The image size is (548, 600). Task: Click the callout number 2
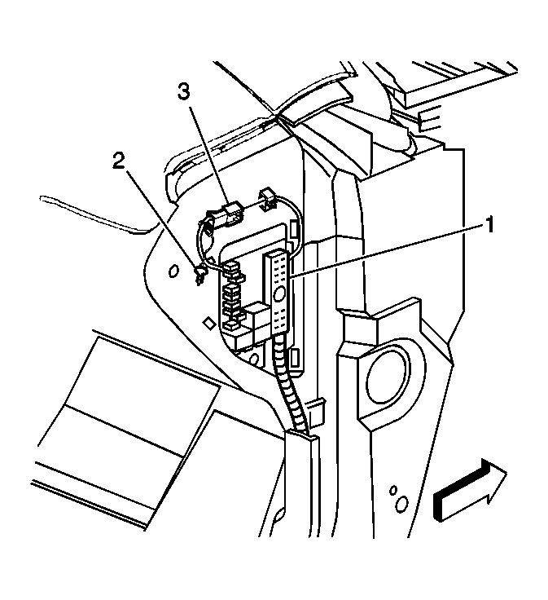(118, 161)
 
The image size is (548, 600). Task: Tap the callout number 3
(183, 92)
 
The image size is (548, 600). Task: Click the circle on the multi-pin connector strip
(280, 293)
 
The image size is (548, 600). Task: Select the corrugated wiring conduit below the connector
(292, 385)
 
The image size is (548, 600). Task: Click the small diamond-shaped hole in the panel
(208, 323)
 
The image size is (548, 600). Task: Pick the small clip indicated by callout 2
(200, 275)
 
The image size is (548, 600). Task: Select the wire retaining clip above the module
(269, 198)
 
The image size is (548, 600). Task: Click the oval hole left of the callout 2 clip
(173, 271)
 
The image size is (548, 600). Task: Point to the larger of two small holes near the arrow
(401, 504)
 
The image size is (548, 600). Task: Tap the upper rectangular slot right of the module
(293, 231)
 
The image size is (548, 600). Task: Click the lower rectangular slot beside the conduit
(294, 358)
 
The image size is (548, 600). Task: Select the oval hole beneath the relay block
(253, 359)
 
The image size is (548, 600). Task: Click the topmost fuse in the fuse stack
(232, 267)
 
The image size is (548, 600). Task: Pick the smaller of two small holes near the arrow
(392, 490)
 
